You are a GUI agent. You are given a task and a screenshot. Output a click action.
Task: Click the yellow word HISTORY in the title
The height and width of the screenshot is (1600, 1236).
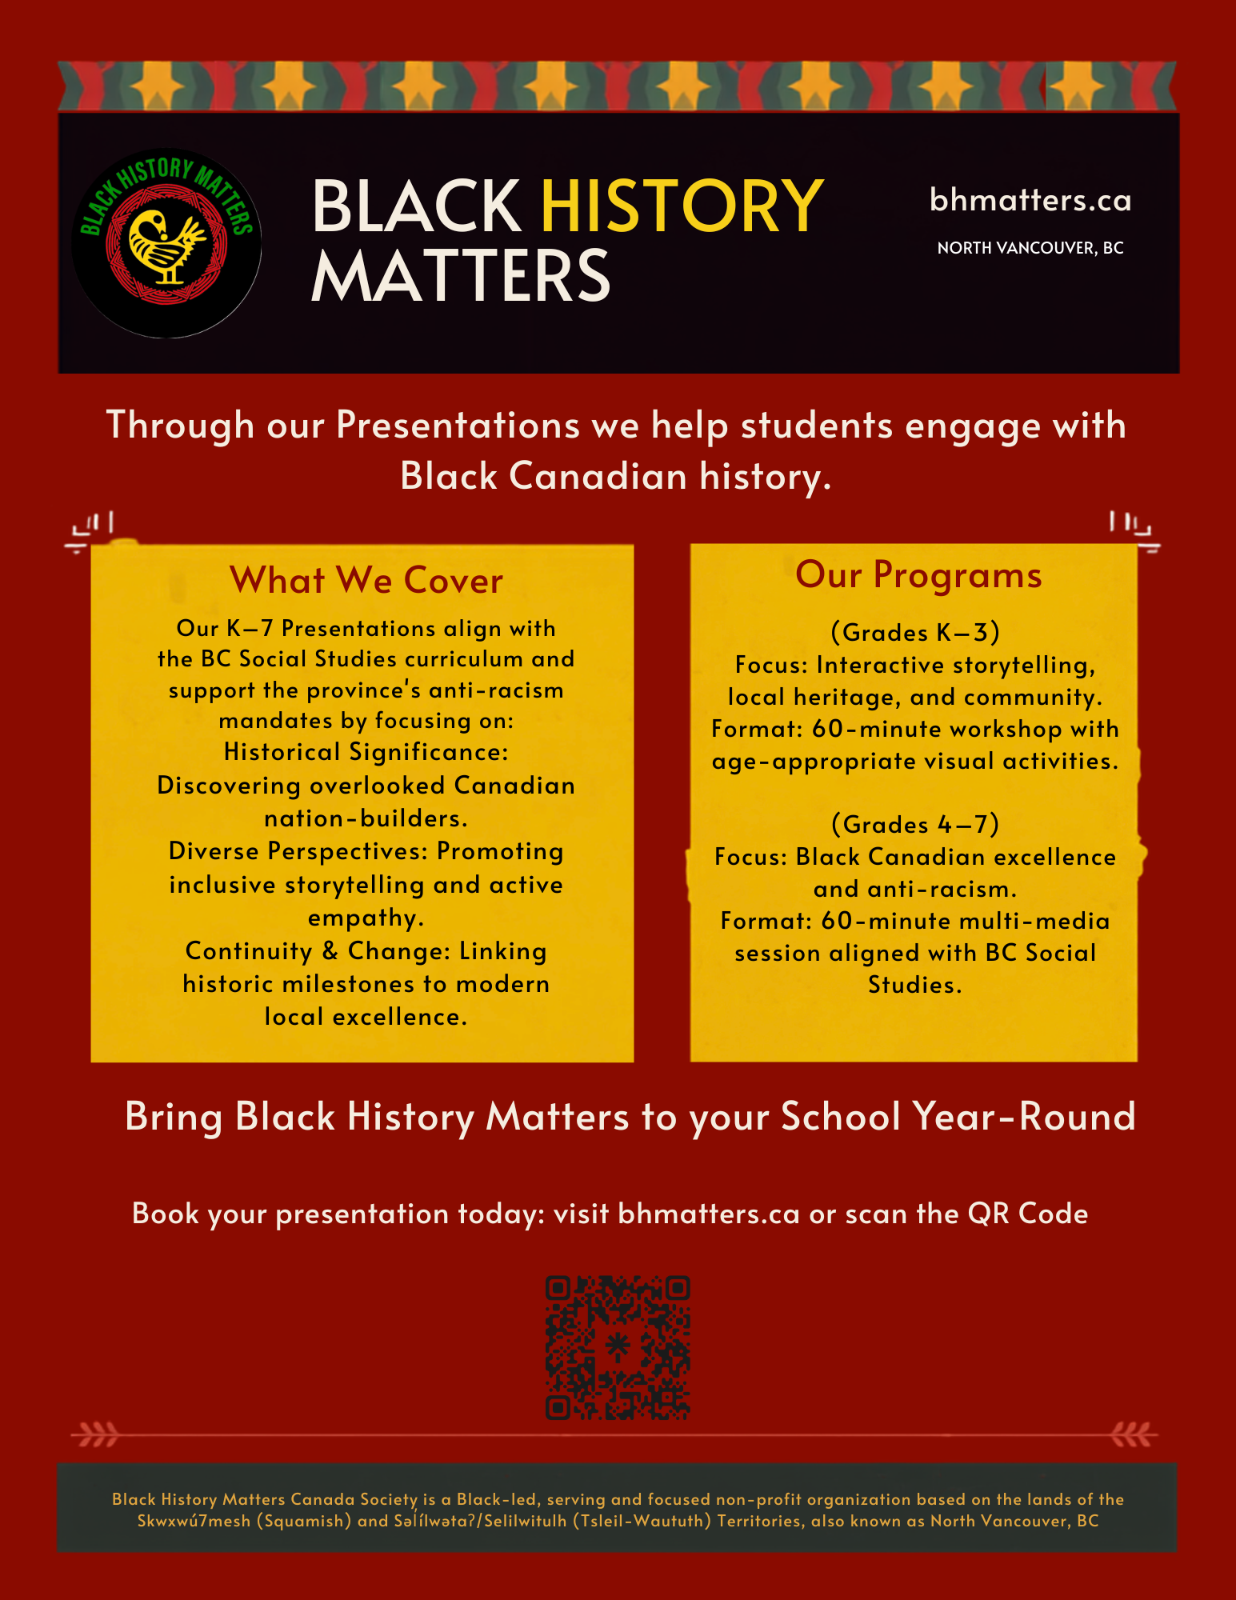pyautogui.click(x=682, y=206)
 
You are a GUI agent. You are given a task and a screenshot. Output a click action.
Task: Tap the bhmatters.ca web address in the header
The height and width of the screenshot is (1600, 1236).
pyautogui.click(x=1030, y=200)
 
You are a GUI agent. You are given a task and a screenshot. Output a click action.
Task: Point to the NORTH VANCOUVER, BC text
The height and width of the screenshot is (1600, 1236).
pyautogui.click(x=1030, y=248)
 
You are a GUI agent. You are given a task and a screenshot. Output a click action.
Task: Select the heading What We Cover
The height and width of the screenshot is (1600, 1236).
pyautogui.click(x=366, y=580)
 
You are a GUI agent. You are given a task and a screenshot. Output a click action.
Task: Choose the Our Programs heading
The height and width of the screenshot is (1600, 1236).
pyautogui.click(x=918, y=575)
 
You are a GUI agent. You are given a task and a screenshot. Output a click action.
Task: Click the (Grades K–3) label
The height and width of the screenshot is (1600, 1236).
pyautogui.click(x=915, y=632)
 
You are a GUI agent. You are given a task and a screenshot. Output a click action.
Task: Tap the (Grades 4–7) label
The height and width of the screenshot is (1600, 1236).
pyautogui.click(x=915, y=824)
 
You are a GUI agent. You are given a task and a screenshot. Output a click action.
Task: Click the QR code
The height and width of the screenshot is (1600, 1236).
pyautogui.click(x=618, y=1348)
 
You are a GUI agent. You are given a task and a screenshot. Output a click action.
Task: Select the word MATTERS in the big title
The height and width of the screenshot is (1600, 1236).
pyautogui.click(x=461, y=275)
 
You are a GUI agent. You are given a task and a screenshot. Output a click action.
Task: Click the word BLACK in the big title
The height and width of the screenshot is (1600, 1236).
pyautogui.click(x=416, y=206)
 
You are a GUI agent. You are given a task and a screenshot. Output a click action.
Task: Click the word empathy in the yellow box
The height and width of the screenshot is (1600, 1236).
pyautogui.click(x=366, y=918)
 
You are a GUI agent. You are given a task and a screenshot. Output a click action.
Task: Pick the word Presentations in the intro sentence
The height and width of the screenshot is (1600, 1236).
pyautogui.click(x=458, y=425)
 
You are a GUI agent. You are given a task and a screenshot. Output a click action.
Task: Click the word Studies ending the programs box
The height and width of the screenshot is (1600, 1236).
pyautogui.click(x=915, y=985)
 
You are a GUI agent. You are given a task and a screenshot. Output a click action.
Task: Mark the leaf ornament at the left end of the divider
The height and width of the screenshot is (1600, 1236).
pyautogui.click(x=95, y=1435)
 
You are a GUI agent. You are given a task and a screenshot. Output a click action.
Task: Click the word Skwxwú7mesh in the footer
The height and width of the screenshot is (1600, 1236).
pyautogui.click(x=194, y=1521)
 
